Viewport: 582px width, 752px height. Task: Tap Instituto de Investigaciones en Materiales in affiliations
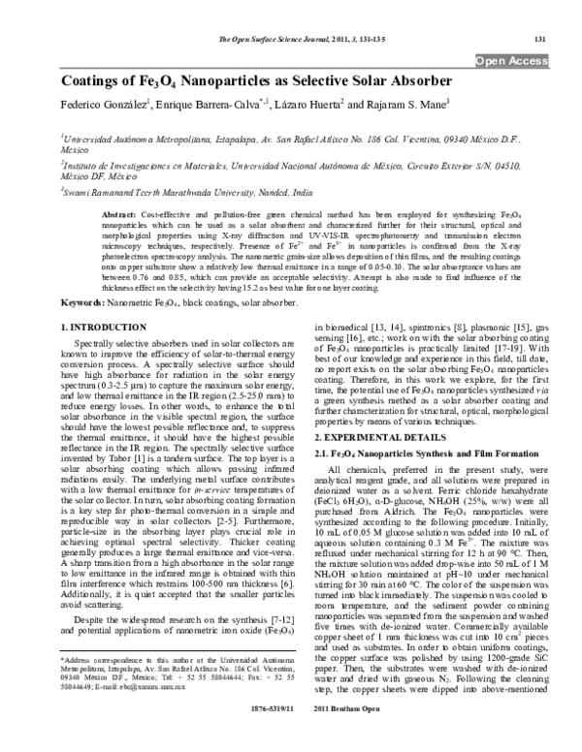[116, 166]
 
